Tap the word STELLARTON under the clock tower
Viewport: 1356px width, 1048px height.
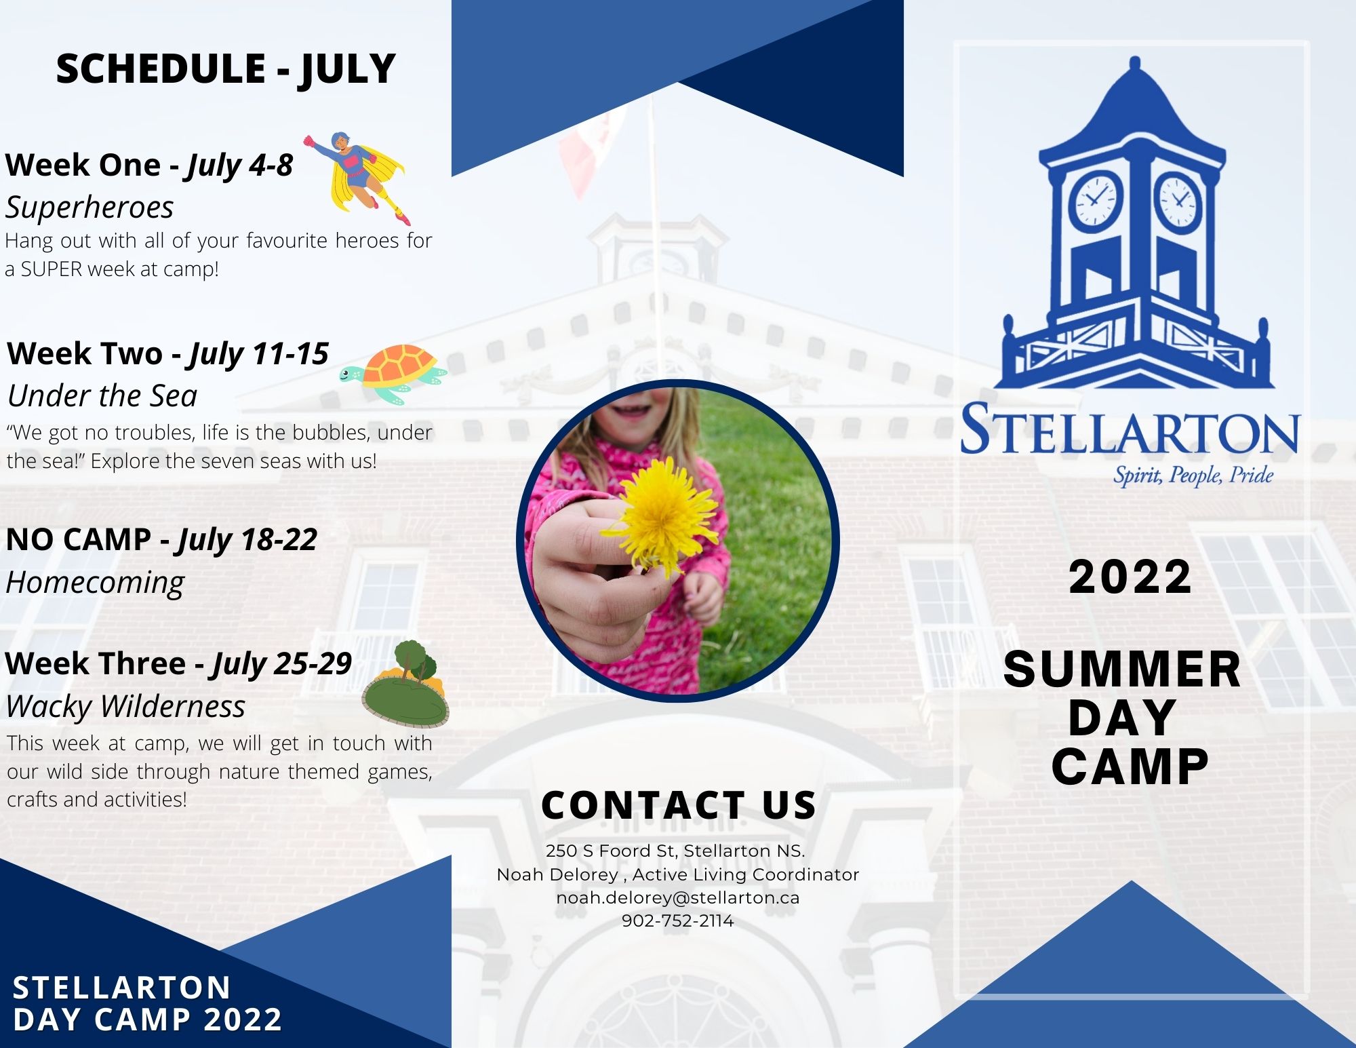tap(1130, 429)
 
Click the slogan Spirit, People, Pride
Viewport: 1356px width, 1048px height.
tap(1193, 475)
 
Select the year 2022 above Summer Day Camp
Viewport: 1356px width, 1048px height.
tap(1130, 577)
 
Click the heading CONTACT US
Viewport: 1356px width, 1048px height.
tap(679, 805)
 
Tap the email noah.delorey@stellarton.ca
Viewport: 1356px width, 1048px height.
tap(678, 897)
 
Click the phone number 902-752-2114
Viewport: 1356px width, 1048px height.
tap(678, 921)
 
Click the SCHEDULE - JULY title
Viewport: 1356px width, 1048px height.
tap(226, 69)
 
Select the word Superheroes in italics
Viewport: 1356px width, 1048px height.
tap(89, 207)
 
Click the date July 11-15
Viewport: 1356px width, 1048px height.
tap(259, 354)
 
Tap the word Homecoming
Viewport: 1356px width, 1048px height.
tap(95, 583)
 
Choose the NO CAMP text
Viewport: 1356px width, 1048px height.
tap(78, 540)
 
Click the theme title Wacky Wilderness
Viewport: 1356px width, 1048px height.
tap(125, 706)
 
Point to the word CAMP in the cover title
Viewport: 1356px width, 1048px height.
tap(1130, 767)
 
